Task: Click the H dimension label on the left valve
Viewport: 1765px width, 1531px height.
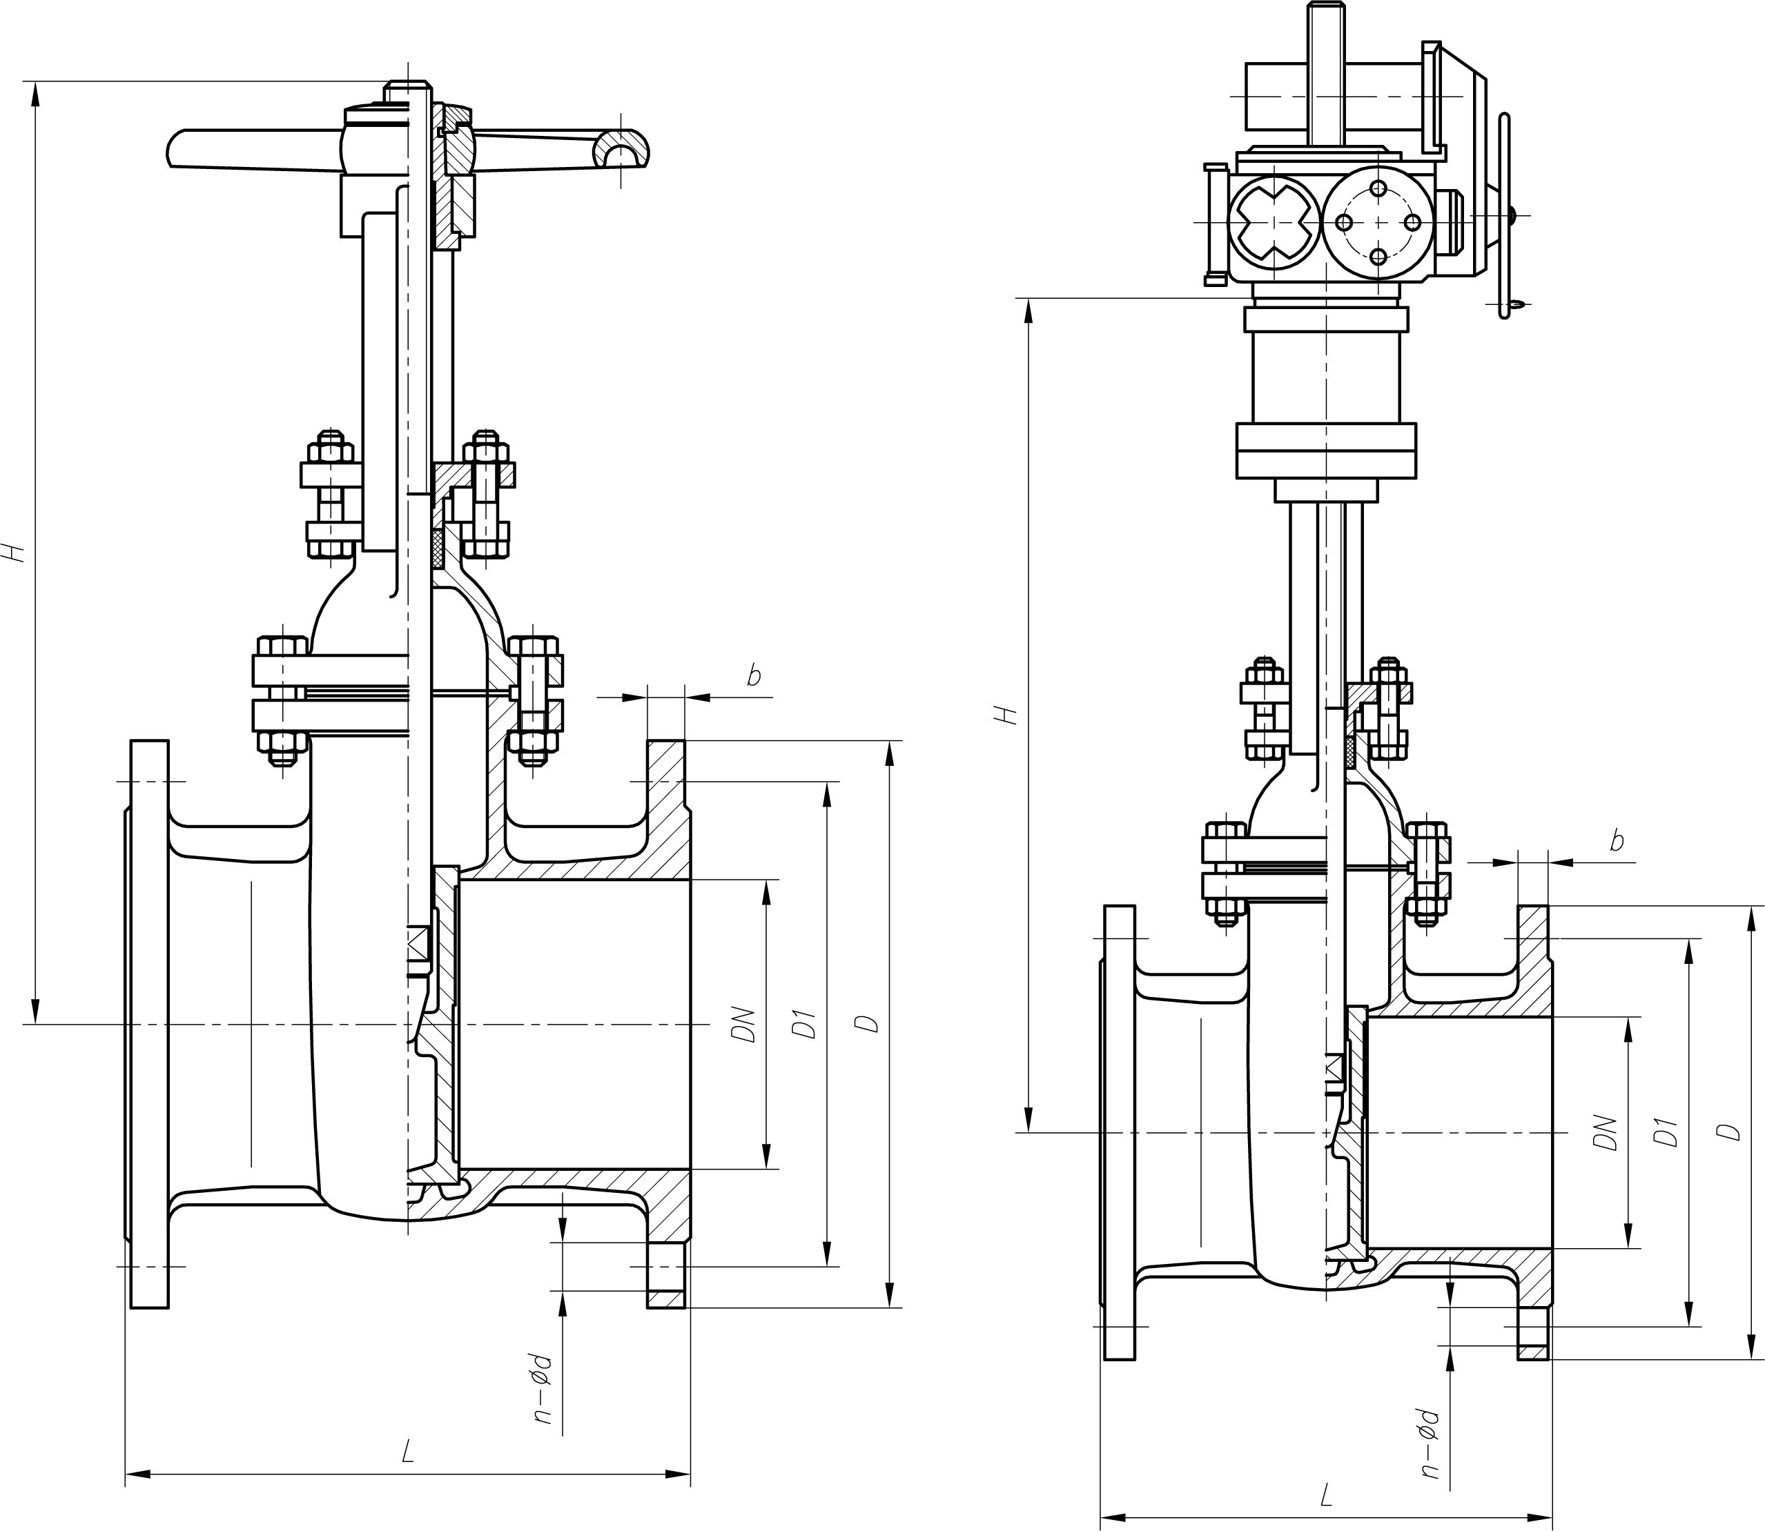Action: tap(15, 551)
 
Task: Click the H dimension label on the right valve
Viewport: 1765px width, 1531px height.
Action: tap(1011, 714)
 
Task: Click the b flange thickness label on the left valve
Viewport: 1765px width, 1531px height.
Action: tap(753, 675)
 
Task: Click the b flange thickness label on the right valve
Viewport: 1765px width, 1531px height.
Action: tap(1617, 842)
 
